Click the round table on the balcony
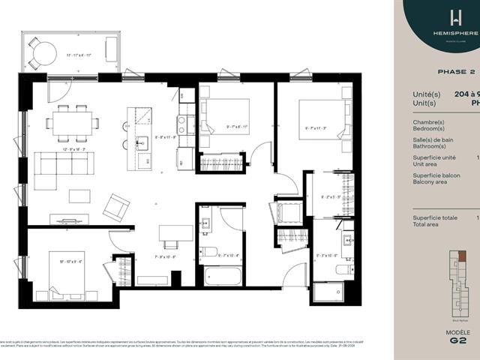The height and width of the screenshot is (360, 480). pyautogui.click(x=45, y=53)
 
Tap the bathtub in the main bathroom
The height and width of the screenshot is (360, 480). pyautogui.click(x=223, y=276)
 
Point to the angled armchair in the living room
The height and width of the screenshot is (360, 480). pyautogui.click(x=116, y=206)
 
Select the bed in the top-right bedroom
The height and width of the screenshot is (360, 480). pyautogui.click(x=322, y=120)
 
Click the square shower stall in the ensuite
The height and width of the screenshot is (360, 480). pyautogui.click(x=328, y=291)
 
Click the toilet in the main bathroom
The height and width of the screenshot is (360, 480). pyautogui.click(x=210, y=251)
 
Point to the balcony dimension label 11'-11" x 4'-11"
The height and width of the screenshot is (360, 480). pyautogui.click(x=79, y=55)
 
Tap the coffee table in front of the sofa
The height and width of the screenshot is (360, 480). pyautogui.click(x=79, y=196)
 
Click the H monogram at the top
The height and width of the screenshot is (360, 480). pyautogui.click(x=455, y=17)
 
